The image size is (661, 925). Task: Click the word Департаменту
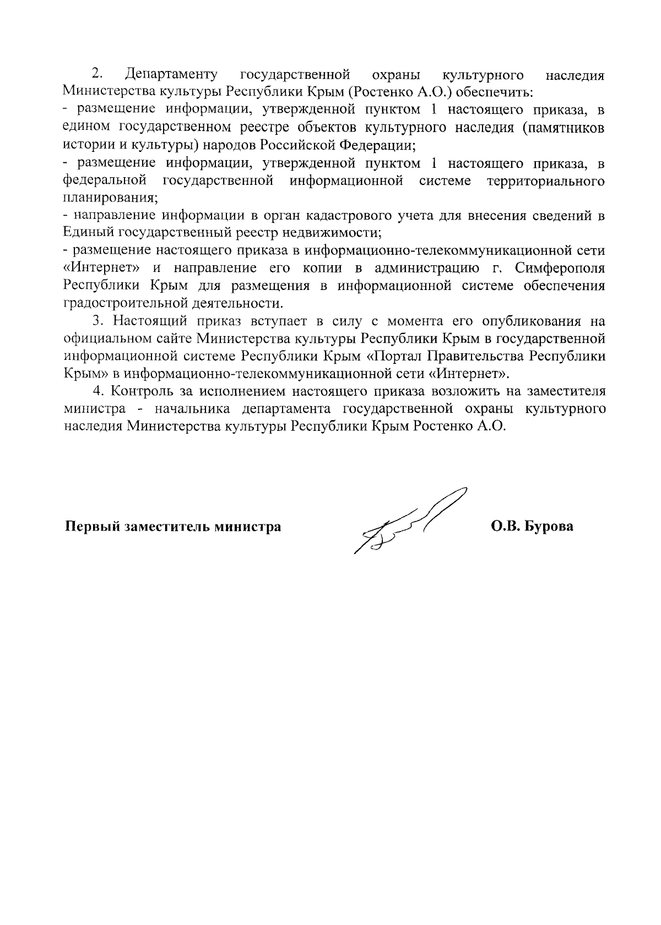171,74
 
